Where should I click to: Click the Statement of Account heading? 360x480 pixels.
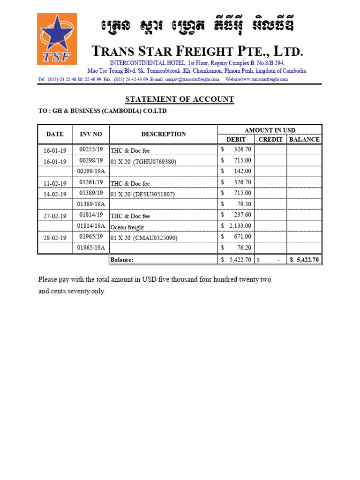180,99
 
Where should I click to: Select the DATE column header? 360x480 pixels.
55,134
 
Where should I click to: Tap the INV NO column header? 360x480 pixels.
91,134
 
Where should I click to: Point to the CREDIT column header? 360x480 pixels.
270,139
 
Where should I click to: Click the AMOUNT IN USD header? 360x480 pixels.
270,130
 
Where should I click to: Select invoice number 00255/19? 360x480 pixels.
91,149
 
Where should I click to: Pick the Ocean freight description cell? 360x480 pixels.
127,227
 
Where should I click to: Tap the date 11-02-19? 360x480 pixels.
55,183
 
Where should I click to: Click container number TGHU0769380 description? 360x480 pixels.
143,162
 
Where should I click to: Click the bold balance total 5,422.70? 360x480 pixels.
305,259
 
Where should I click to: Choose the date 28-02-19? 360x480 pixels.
55,238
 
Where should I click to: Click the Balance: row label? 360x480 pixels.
122,259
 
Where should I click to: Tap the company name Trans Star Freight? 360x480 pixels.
197,51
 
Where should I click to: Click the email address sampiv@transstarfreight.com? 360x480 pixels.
192,80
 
